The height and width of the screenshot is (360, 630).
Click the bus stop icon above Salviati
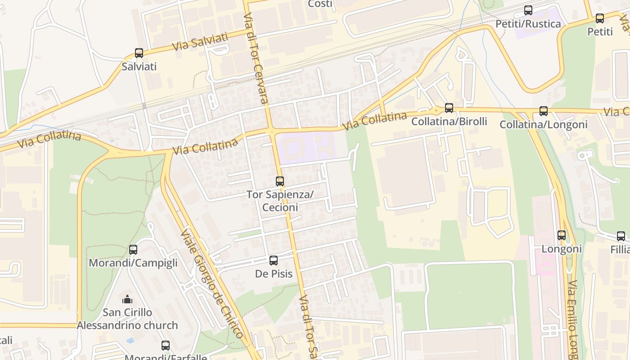coord(139,53)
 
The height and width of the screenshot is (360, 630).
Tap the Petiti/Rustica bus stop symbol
coord(528,10)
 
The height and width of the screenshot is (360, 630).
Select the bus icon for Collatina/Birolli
coord(449,108)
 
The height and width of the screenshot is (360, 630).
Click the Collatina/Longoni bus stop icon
coord(544,111)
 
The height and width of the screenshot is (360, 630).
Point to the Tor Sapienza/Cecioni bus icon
coord(280,181)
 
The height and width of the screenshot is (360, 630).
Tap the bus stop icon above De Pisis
coord(274,261)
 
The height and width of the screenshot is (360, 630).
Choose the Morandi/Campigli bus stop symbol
coord(133,250)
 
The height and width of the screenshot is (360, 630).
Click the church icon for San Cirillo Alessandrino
coord(127,299)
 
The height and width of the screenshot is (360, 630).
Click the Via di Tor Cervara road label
coord(256,58)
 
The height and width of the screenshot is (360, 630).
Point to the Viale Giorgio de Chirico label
coord(211,283)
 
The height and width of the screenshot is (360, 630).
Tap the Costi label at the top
coord(320,4)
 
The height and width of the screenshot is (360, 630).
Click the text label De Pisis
coord(274,274)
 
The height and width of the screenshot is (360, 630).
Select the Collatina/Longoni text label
coord(544,125)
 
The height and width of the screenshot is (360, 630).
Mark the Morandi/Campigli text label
coord(133,263)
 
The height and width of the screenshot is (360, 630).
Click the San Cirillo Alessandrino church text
coord(127,319)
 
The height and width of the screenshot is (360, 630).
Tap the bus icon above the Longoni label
coord(562,235)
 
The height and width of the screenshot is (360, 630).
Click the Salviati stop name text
coord(139,67)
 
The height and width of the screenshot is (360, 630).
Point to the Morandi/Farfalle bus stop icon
coord(166,346)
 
